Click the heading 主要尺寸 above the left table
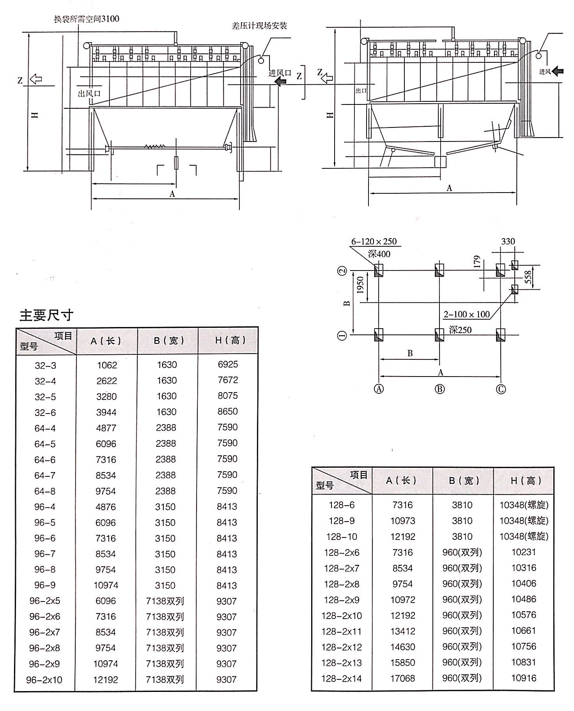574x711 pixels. tap(46, 315)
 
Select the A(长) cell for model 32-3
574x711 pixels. tap(107, 365)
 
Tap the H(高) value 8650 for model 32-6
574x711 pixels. tap(228, 411)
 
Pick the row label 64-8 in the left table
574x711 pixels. tap(45, 491)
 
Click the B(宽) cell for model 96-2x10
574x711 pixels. tap(165, 680)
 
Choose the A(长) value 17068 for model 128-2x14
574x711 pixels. tap(403, 679)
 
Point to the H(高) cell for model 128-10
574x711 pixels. tap(524, 536)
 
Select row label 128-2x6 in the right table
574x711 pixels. tap(342, 552)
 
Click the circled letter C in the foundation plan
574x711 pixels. tap(501, 389)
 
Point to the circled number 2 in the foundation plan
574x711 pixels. tap(342, 271)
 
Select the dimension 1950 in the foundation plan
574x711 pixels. tap(360, 285)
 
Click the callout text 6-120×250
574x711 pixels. tap(374, 241)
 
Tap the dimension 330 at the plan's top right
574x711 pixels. tap(508, 241)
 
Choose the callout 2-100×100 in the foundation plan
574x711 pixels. tap(466, 314)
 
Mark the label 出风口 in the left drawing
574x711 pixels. tap(89, 94)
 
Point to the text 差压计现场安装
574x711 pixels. tap(259, 26)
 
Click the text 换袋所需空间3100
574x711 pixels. tap(86, 19)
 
